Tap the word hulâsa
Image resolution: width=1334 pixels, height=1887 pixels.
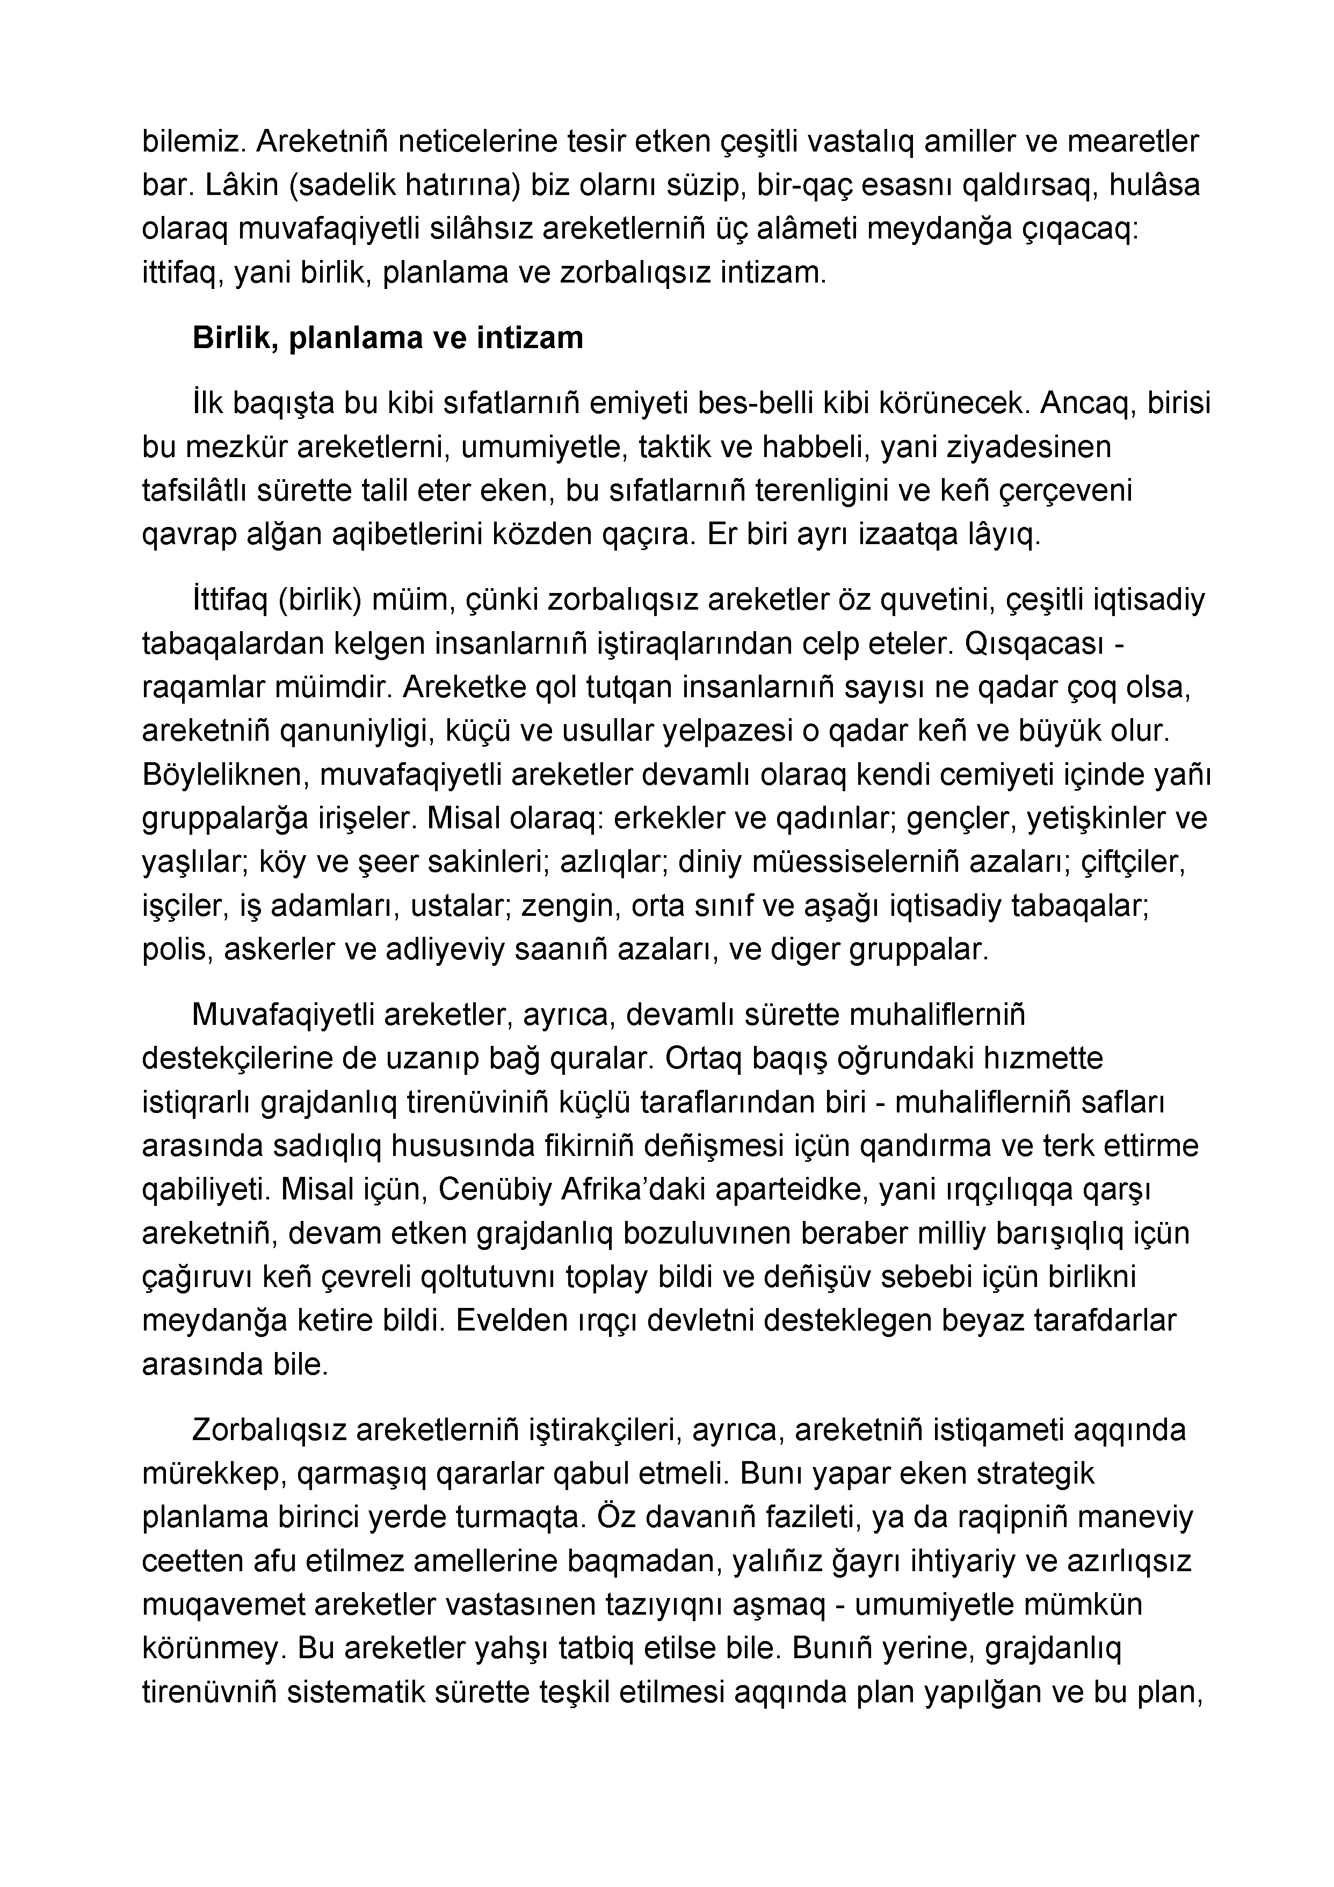tap(1155, 186)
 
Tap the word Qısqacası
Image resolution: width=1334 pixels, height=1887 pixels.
tap(1032, 644)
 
